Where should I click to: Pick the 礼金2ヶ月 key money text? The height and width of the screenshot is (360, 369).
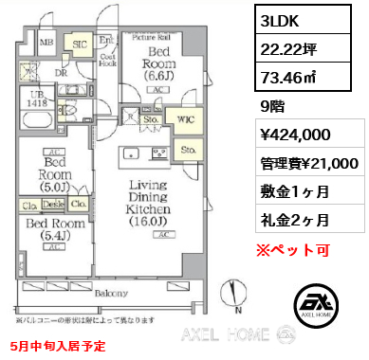pos(293,221)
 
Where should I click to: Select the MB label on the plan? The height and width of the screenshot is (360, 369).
pos(46,43)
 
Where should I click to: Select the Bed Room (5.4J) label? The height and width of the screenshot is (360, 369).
pos(53,228)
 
